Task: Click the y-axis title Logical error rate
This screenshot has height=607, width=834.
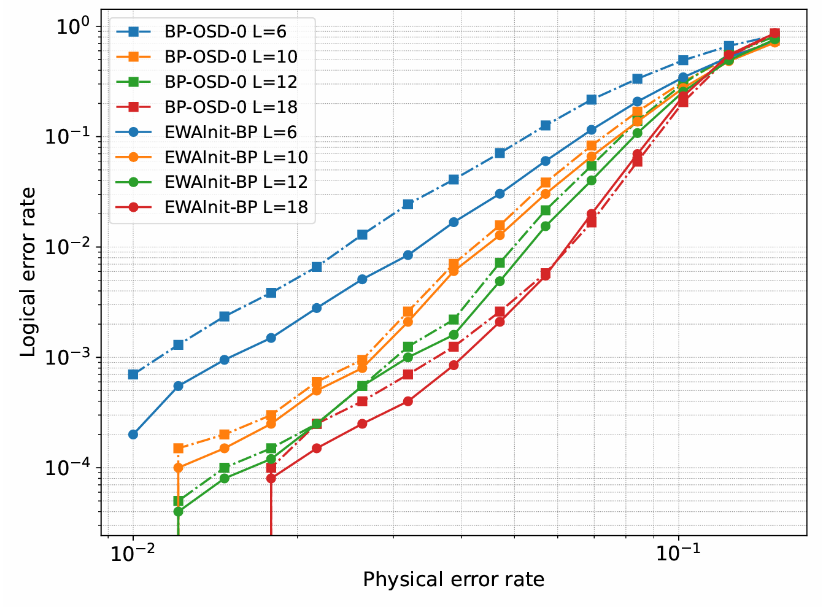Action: pos(28,272)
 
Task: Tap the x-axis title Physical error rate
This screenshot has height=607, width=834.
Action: pos(454,579)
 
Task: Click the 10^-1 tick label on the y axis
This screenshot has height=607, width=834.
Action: pos(69,136)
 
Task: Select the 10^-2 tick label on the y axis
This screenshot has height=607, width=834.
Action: pos(69,247)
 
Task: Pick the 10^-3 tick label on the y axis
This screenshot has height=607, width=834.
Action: pos(69,357)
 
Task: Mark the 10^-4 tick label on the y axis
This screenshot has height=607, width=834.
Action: pos(69,468)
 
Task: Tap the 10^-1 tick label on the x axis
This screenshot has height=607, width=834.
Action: pos(678,554)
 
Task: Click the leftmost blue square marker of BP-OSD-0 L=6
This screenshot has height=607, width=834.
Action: pos(133,374)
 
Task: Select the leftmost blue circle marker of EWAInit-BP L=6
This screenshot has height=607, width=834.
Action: pos(133,435)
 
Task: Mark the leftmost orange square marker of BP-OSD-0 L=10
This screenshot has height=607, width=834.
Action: pos(179,448)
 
